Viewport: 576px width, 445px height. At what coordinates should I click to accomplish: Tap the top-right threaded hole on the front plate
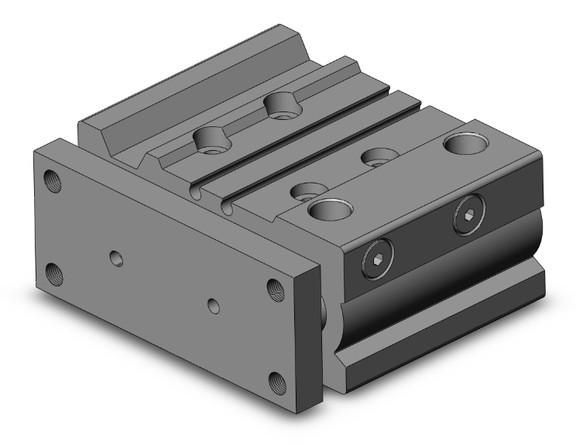tap(275, 289)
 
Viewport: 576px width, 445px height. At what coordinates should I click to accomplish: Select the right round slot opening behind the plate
tap(227, 207)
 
